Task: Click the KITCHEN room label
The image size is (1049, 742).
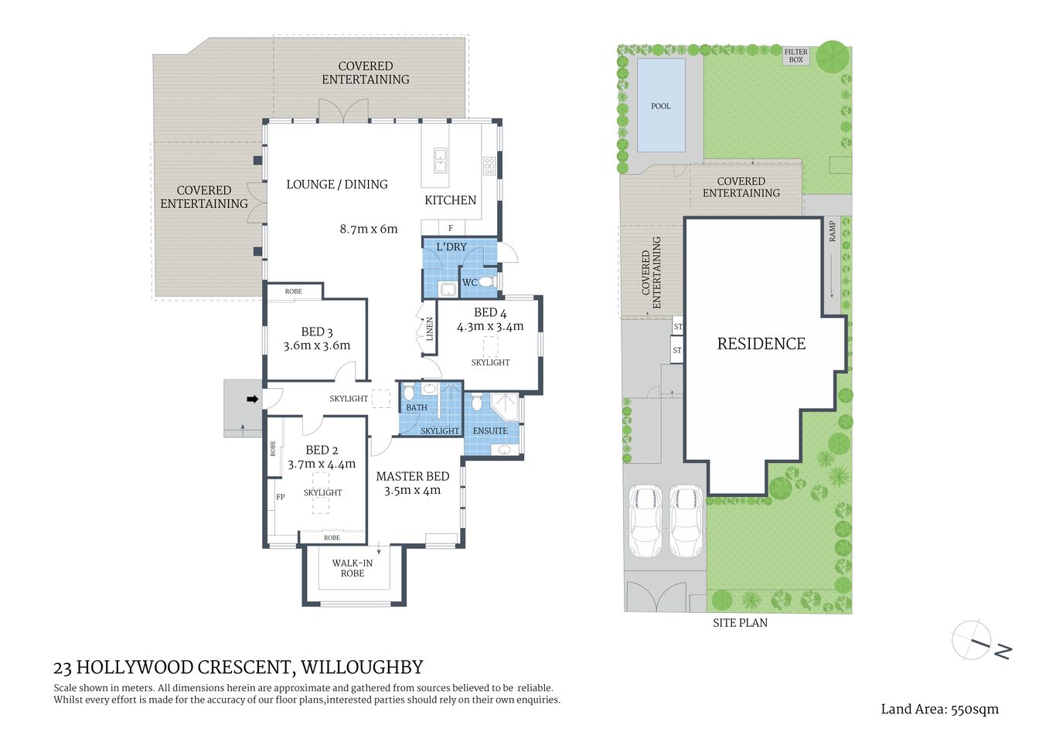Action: pos(450,200)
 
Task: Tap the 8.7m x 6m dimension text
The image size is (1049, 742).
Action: pos(368,229)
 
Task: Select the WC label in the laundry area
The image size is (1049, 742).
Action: pos(469,283)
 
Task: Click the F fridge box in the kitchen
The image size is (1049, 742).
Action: pos(451,228)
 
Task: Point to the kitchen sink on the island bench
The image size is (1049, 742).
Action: pos(440,160)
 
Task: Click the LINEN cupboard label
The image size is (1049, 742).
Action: pos(430,329)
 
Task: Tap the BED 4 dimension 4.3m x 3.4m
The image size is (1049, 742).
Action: pos(490,326)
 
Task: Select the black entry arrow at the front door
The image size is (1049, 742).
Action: pos(252,399)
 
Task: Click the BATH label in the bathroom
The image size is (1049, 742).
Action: pos(417,407)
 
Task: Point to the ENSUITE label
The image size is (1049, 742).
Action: pos(490,431)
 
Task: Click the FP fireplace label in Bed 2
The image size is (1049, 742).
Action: pos(280,497)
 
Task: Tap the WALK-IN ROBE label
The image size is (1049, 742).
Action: pos(353,568)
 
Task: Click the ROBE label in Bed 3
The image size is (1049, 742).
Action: pos(293,291)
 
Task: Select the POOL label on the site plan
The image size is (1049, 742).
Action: pos(660,106)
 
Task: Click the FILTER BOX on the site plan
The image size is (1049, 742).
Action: pos(795,56)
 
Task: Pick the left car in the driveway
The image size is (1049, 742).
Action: pos(645,521)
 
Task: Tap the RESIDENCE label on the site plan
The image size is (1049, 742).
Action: pos(761,344)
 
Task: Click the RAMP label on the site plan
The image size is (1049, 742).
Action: pos(833,231)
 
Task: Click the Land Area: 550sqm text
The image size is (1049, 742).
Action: pos(939,709)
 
